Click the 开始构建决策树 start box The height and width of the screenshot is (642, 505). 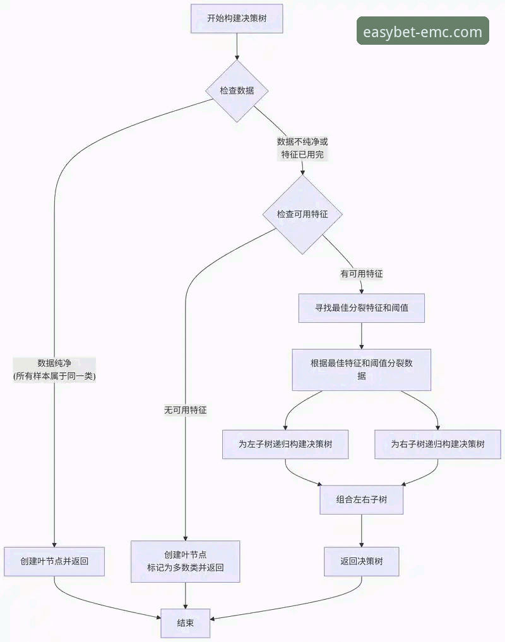[237, 18]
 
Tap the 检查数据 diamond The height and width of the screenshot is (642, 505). [237, 91]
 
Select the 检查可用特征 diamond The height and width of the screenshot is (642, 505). [302, 214]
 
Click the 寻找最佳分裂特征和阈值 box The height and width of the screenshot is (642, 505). [361, 308]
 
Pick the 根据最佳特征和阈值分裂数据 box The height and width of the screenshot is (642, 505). [361, 370]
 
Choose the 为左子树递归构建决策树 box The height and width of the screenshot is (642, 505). [285, 444]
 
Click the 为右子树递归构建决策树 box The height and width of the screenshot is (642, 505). [437, 444]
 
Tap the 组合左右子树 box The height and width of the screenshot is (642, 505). [361, 499]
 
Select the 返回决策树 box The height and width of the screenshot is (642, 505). [361, 561]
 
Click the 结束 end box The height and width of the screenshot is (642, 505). [185, 623]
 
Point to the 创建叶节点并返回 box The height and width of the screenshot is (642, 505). [54, 561]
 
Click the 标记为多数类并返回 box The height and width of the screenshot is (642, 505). [185, 561]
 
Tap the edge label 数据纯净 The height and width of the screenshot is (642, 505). [54, 370]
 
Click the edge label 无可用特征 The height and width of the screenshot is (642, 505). [185, 410]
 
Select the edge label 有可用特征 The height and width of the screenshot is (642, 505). [361, 274]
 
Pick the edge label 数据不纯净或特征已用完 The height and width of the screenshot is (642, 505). [302, 148]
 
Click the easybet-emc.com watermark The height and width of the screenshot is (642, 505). [422, 31]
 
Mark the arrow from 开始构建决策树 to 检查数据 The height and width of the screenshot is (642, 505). [237, 46]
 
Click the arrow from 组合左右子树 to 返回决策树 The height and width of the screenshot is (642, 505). [361, 530]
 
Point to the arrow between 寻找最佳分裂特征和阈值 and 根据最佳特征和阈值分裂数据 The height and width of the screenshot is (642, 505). [361, 336]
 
